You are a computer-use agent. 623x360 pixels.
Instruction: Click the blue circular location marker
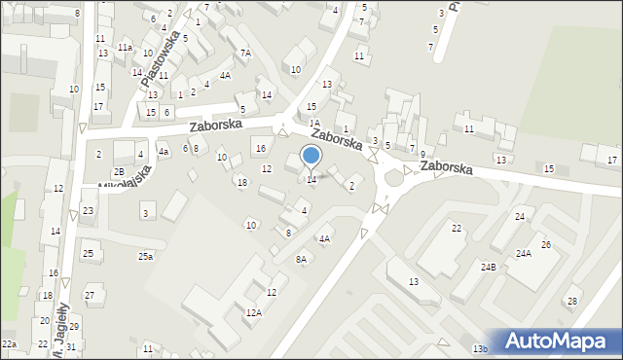pyautogui.click(x=311, y=155)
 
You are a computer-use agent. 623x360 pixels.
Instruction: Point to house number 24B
pyautogui.click(x=487, y=266)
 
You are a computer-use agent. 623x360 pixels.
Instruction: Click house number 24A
pyautogui.click(x=523, y=253)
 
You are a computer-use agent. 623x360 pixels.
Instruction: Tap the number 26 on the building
pyautogui.click(x=546, y=244)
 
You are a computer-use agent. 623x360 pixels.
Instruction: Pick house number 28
pyautogui.click(x=572, y=301)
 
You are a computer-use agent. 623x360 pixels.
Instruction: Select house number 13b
pyautogui.click(x=479, y=348)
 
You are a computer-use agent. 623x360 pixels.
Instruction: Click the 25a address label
pyautogui.click(x=145, y=256)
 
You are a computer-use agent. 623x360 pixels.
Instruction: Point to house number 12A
pyautogui.click(x=253, y=312)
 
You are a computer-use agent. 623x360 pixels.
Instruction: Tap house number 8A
pyautogui.click(x=301, y=259)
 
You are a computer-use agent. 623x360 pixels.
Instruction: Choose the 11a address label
pyautogui.click(x=125, y=47)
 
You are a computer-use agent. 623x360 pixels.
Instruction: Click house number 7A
pyautogui.click(x=245, y=53)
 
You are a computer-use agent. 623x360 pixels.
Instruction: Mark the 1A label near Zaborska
pyautogui.click(x=314, y=124)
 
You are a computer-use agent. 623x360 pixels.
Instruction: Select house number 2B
pyautogui.click(x=118, y=171)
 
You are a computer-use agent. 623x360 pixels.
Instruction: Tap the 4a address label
pyautogui.click(x=164, y=152)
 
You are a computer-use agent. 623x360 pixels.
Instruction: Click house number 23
pyautogui.click(x=88, y=210)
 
